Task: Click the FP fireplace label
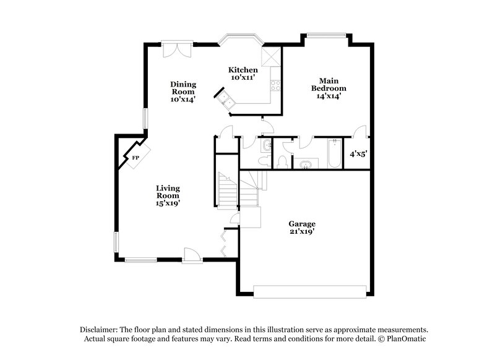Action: tap(134, 158)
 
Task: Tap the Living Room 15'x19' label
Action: tap(168, 195)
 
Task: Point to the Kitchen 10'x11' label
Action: tap(243, 74)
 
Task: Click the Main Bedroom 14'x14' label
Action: tap(328, 88)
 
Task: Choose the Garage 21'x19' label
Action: tap(302, 228)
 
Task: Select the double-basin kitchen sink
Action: tap(223, 100)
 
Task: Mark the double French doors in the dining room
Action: tap(177, 49)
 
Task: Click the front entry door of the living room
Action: tap(191, 254)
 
